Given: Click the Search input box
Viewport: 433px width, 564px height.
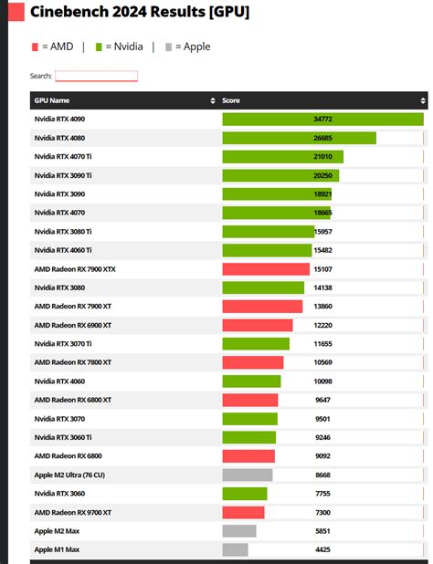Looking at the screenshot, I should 96,76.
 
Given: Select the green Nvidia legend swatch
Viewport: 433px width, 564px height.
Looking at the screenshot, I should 99,47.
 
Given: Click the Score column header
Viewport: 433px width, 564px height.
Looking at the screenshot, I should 231,100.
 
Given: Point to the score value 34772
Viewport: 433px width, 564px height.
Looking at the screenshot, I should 322,119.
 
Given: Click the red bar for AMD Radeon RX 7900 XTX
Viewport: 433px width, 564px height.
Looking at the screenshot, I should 266,269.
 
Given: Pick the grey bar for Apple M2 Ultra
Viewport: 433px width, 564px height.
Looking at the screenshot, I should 248,475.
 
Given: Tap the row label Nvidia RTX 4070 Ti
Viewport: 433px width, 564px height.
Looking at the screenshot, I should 63,157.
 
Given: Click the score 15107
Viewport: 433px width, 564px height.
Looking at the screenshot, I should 322,269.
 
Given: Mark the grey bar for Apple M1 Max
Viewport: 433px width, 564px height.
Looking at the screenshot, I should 236,549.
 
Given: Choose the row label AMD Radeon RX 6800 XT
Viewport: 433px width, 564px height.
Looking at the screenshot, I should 73,400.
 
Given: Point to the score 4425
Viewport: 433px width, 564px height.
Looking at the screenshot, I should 322,549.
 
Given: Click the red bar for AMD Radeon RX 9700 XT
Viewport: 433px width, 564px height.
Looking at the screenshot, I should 243,512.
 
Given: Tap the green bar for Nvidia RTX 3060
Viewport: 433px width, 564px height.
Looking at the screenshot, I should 245,494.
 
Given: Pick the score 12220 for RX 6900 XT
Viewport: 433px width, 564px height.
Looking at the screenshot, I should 322,325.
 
